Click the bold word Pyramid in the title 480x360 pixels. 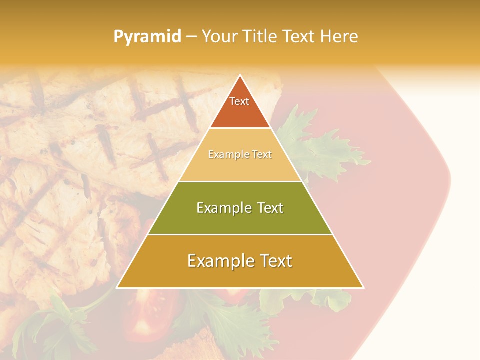pos(147,37)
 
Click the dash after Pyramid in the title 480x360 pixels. pos(191,37)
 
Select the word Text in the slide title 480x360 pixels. pos(299,37)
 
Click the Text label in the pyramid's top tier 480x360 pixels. pos(239,101)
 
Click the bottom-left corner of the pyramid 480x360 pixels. pos(117,287)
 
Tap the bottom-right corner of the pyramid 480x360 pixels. pos(363,287)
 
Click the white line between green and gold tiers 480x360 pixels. pos(240,234)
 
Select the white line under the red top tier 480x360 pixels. pos(240,128)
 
